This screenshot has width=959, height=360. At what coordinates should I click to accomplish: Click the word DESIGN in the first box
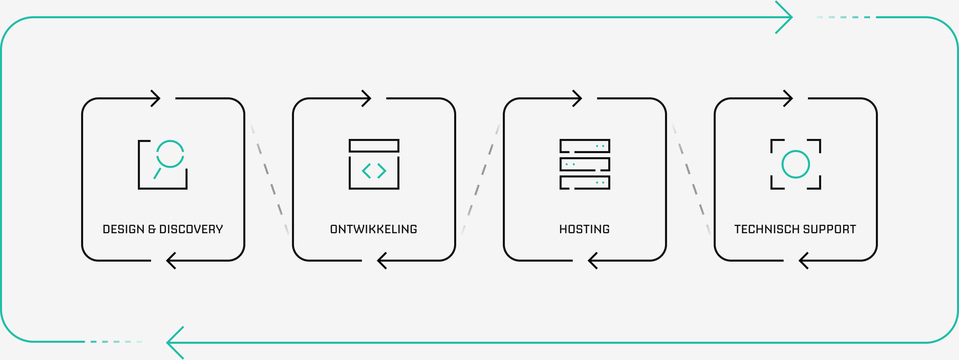pyautogui.click(x=123, y=229)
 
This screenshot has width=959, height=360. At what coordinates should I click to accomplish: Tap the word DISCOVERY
pyautogui.click(x=191, y=229)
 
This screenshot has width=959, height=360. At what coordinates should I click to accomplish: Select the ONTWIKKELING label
pyautogui.click(x=373, y=229)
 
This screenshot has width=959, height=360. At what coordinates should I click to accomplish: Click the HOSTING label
pyautogui.click(x=585, y=229)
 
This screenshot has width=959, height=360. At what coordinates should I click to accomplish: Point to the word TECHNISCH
pyautogui.click(x=767, y=229)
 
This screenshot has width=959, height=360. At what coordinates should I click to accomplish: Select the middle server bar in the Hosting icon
pyautogui.click(x=585, y=164)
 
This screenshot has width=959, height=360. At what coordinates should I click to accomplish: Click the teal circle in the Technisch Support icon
pyautogui.click(x=795, y=164)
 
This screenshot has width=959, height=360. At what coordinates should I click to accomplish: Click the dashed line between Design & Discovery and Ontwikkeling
pyautogui.click(x=270, y=179)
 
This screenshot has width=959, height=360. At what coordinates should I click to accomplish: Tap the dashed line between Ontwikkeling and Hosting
pyautogui.click(x=480, y=179)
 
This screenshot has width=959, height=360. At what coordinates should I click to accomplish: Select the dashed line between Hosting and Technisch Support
pyautogui.click(x=691, y=179)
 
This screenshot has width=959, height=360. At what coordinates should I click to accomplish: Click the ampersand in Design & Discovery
pyautogui.click(x=151, y=229)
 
